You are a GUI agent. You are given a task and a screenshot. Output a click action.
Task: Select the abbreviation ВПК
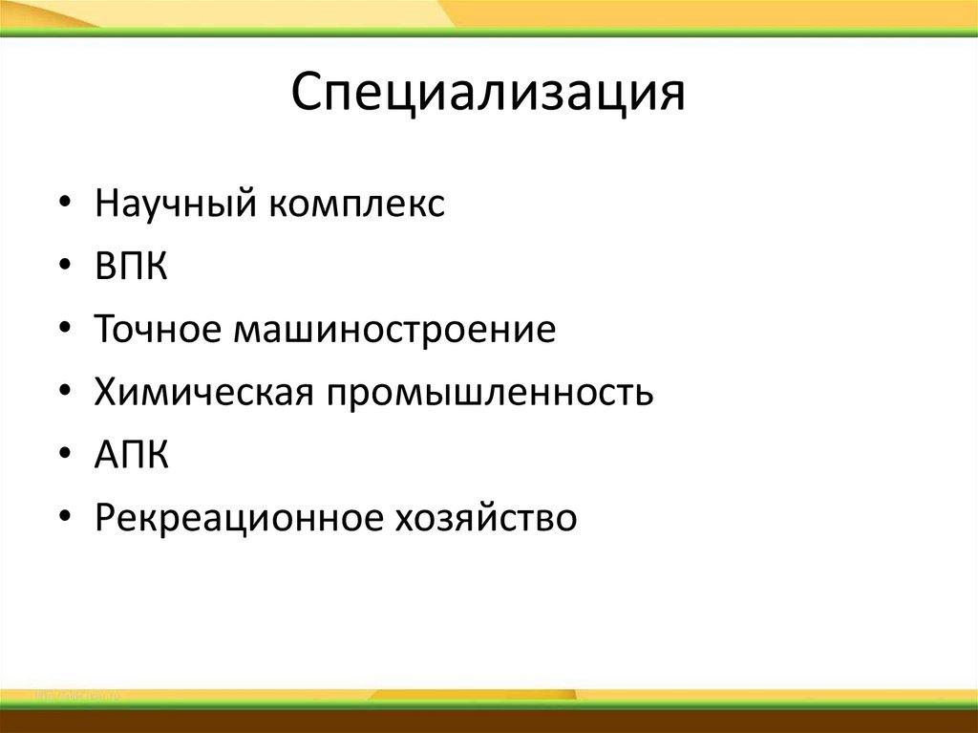point(131,268)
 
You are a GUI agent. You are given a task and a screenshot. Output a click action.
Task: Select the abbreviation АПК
point(132,456)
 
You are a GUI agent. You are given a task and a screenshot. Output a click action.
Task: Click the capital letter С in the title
point(308,94)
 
